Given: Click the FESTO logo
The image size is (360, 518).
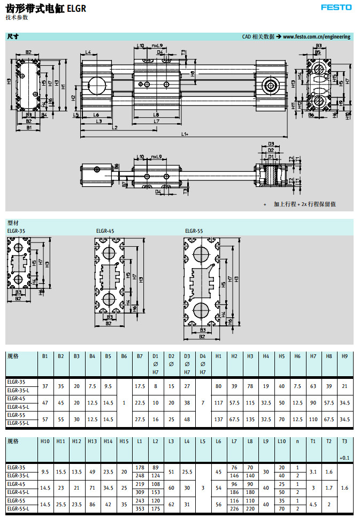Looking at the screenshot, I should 336,7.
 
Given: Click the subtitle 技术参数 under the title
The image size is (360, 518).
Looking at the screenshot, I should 17,18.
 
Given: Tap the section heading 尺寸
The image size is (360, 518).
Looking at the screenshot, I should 13,37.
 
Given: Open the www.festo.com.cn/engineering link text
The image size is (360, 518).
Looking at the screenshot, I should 317,37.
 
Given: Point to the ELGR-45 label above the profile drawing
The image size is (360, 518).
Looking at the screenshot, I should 105,231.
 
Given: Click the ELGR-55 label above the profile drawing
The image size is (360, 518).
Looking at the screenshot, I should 194,231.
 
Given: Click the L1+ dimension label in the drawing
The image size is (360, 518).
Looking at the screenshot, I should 185,134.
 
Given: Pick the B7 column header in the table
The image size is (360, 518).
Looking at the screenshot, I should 140,355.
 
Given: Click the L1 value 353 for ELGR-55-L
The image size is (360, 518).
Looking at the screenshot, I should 140,508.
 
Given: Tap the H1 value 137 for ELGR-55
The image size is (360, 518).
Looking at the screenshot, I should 218,419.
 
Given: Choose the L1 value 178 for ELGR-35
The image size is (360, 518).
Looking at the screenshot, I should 140,467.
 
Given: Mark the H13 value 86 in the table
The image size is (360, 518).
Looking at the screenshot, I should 92,505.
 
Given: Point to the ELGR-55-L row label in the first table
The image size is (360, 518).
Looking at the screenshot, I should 18,423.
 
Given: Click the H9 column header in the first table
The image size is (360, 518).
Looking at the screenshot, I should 344,355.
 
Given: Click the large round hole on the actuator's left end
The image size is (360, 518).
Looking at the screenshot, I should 96,85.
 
